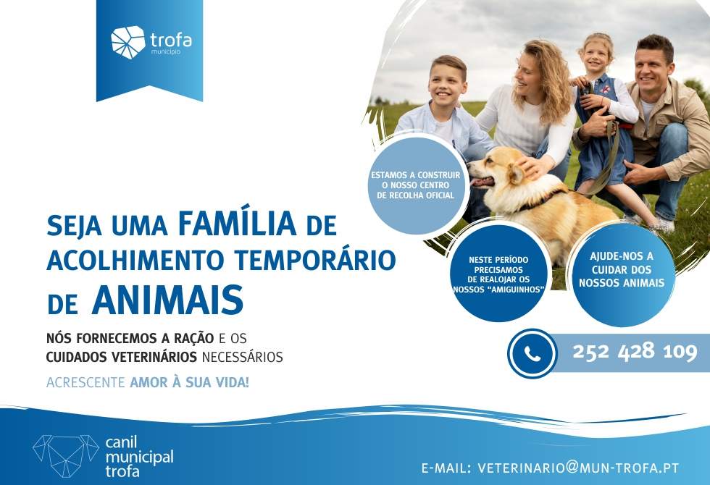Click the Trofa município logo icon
[128, 42]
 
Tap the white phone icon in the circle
[532, 353]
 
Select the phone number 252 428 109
[635, 351]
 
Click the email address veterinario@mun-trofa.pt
[578, 468]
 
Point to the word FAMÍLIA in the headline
[238, 224]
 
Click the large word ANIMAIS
[167, 300]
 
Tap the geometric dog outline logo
[66, 456]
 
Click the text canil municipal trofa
[139, 457]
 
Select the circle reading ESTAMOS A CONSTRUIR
[415, 185]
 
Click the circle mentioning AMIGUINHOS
[498, 274]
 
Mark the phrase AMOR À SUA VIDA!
[190, 382]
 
